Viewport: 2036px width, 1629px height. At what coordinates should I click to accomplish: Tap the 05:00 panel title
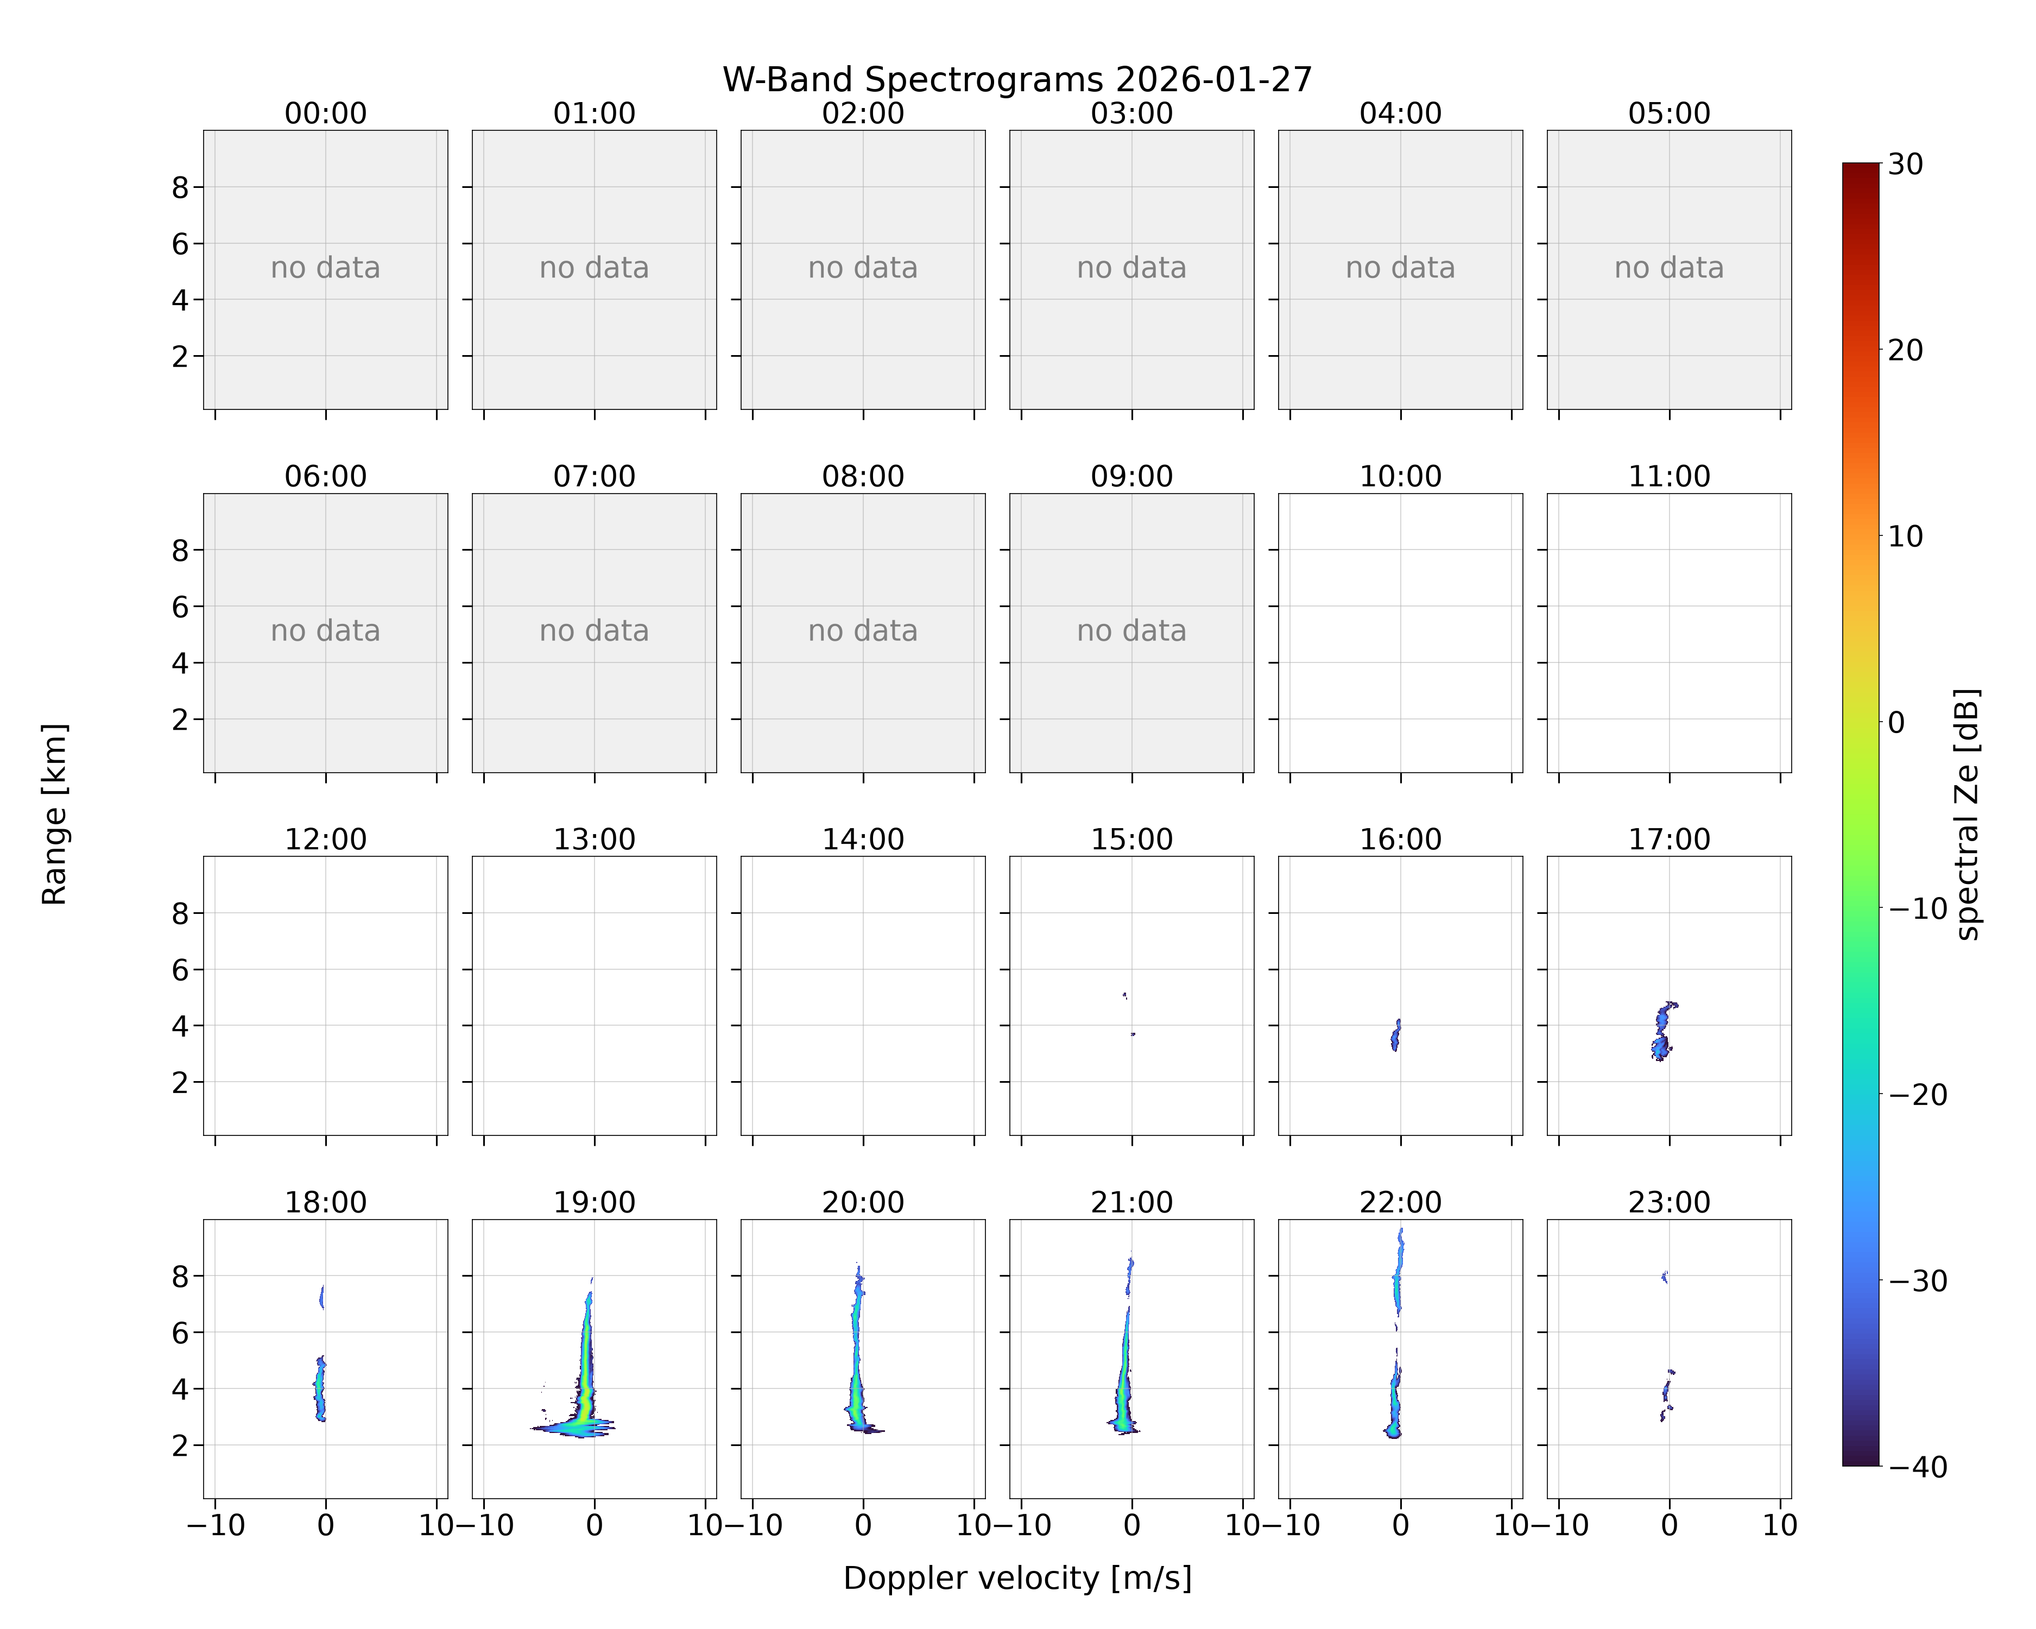[x=1668, y=113]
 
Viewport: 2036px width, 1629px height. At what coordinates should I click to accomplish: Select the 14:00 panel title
[x=862, y=839]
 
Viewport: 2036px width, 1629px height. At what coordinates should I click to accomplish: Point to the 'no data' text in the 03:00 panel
[x=1131, y=268]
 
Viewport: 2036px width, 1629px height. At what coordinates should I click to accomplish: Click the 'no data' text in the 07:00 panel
[x=594, y=631]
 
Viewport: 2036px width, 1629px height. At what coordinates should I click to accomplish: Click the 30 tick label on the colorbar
[x=1906, y=165]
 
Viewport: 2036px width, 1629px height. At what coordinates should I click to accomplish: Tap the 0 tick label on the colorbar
[x=1896, y=722]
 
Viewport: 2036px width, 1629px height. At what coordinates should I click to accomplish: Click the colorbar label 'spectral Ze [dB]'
[x=1967, y=814]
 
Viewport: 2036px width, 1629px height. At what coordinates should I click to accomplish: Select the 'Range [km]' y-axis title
[x=55, y=814]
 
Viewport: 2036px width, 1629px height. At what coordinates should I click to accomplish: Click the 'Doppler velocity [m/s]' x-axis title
[x=1017, y=1578]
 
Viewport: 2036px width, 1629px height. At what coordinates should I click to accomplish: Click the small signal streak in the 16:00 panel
[x=1396, y=1035]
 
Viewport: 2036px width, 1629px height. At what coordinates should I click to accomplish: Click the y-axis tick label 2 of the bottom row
[x=180, y=1445]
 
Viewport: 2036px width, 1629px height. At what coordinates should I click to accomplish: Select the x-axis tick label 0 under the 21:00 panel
[x=1131, y=1525]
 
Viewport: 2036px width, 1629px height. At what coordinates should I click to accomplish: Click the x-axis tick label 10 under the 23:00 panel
[x=1780, y=1525]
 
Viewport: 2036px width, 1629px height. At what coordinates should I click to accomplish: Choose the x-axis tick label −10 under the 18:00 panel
[x=216, y=1525]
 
